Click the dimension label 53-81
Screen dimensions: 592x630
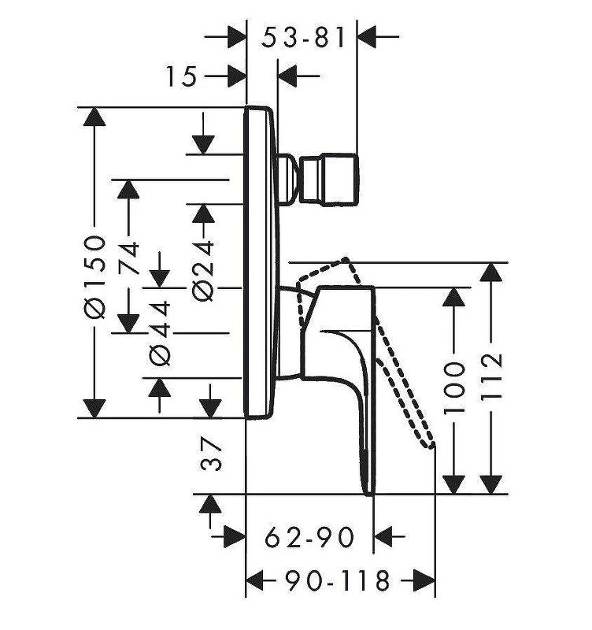(303, 37)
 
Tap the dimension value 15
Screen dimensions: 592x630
(182, 76)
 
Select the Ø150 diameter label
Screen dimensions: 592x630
(94, 277)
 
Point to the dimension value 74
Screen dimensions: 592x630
(128, 258)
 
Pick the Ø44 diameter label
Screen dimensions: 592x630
(160, 333)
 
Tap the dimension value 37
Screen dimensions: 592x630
(211, 454)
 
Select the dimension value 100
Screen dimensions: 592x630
(453, 387)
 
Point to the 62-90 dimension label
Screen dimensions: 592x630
(309, 537)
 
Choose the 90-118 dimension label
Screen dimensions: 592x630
(338, 580)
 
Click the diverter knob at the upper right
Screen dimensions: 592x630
(329, 180)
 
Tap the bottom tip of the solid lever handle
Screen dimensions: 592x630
(368, 495)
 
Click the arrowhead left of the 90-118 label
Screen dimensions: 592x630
(254, 580)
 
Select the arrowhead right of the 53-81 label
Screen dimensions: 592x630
(366, 36)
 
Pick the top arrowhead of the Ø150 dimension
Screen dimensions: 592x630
(94, 117)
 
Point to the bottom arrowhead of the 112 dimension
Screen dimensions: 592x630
(491, 484)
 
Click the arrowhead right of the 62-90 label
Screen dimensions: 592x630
(383, 536)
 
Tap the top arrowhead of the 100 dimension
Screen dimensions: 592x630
(453, 298)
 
